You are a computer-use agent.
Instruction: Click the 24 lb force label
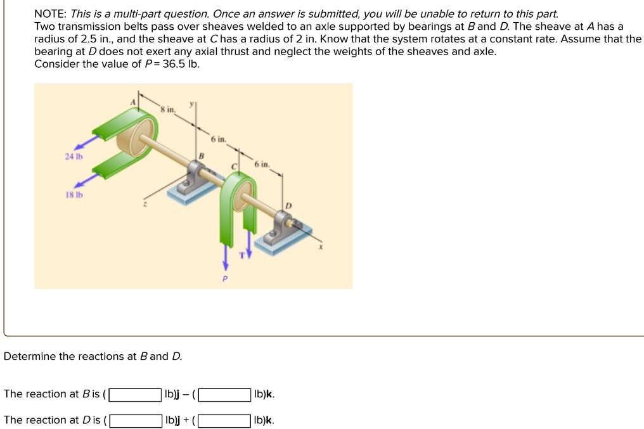click(73, 156)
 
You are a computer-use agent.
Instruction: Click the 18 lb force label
click(73, 195)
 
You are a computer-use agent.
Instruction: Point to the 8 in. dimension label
click(167, 110)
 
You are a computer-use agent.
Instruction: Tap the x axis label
click(320, 248)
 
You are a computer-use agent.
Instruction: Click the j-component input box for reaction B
click(135, 395)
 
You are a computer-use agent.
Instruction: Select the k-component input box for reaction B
click(224, 395)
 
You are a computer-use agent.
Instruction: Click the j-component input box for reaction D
click(135, 421)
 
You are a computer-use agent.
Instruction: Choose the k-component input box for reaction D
click(224, 421)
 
